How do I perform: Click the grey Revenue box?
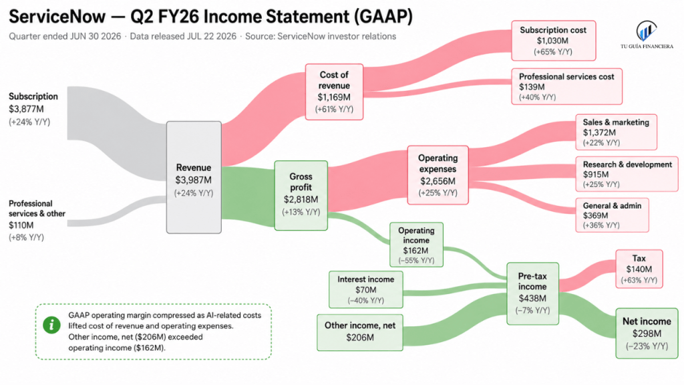(x=194, y=177)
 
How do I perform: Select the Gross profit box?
(x=301, y=195)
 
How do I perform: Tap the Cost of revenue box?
(x=334, y=92)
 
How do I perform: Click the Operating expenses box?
(x=438, y=175)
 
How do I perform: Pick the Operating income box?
(x=417, y=245)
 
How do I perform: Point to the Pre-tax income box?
(x=532, y=293)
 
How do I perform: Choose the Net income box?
(x=647, y=334)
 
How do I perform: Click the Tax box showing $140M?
(x=639, y=269)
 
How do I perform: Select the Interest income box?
(x=366, y=289)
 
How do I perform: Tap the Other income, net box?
(x=360, y=332)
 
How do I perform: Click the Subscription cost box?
(x=554, y=41)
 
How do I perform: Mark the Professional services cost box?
(x=566, y=86)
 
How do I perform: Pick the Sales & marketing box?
(x=617, y=132)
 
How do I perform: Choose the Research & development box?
(x=627, y=174)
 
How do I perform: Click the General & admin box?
(x=612, y=215)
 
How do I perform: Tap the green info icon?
(x=51, y=325)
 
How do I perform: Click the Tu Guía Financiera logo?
(x=647, y=35)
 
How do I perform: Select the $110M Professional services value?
(x=21, y=225)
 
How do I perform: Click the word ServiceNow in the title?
(x=57, y=17)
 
